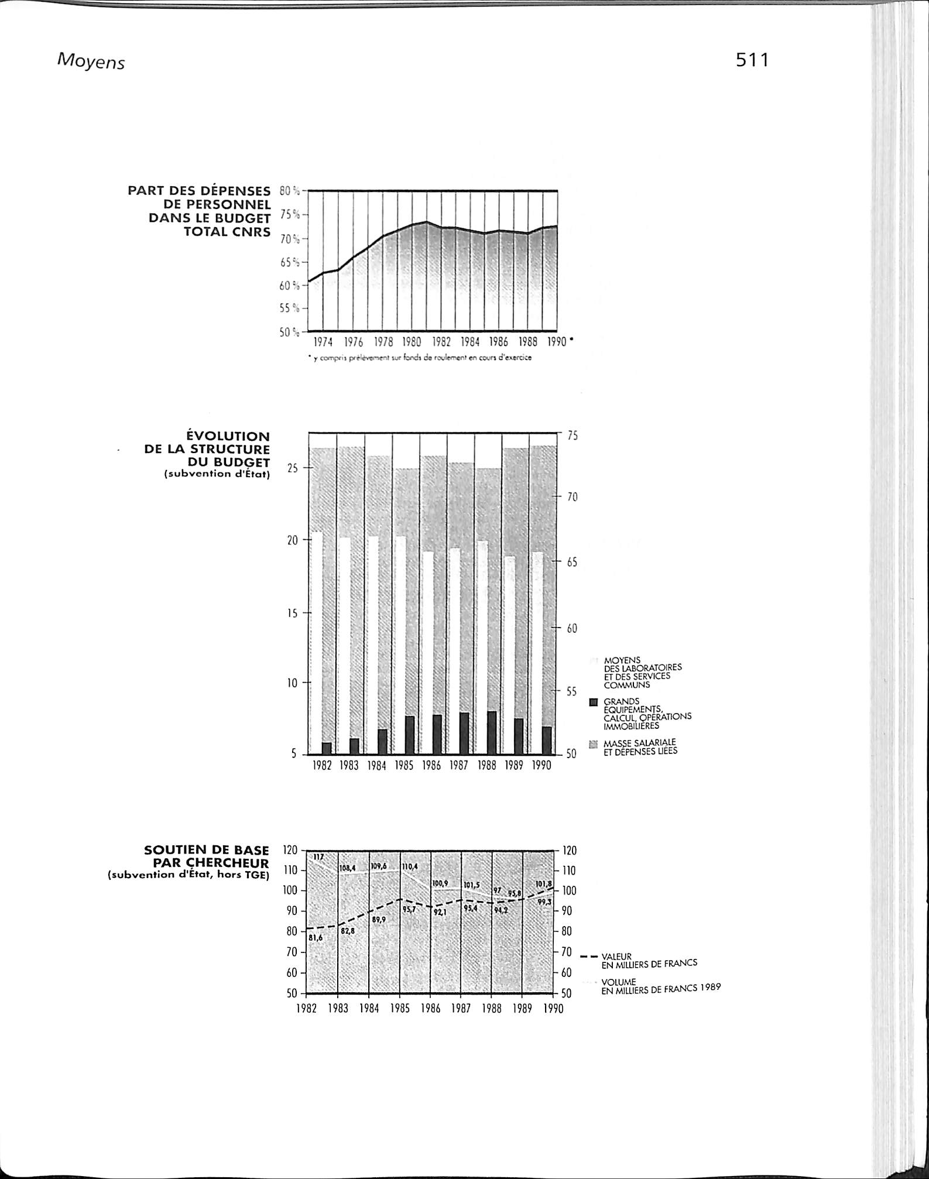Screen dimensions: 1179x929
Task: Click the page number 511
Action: tap(752, 60)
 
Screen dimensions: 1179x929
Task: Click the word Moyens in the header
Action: tap(91, 62)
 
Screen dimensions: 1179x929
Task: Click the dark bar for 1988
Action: tap(492, 732)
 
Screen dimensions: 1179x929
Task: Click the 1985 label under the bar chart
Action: tap(404, 766)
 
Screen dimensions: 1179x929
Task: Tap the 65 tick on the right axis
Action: tap(571, 563)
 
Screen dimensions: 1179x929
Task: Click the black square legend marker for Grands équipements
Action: tap(593, 701)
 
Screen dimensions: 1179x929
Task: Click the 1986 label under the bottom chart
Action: tap(430, 1009)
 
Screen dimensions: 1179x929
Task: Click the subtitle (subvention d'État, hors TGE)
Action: tap(188, 876)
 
